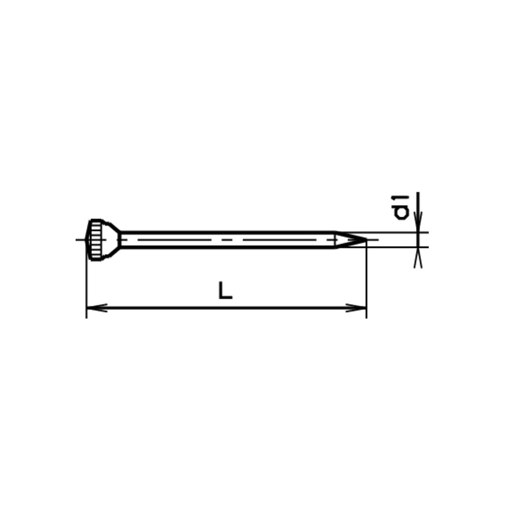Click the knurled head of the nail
[96, 240]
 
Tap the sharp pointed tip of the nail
[365, 240]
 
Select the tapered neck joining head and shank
[113, 240]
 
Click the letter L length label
[225, 291]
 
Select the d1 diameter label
[401, 206]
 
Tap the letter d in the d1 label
[401, 211]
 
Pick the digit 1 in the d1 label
[401, 198]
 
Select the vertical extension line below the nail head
[86, 289]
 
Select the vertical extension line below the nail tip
[366, 284]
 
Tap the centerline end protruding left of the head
[79, 240]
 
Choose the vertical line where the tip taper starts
[335, 240]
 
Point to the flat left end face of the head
[87, 240]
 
